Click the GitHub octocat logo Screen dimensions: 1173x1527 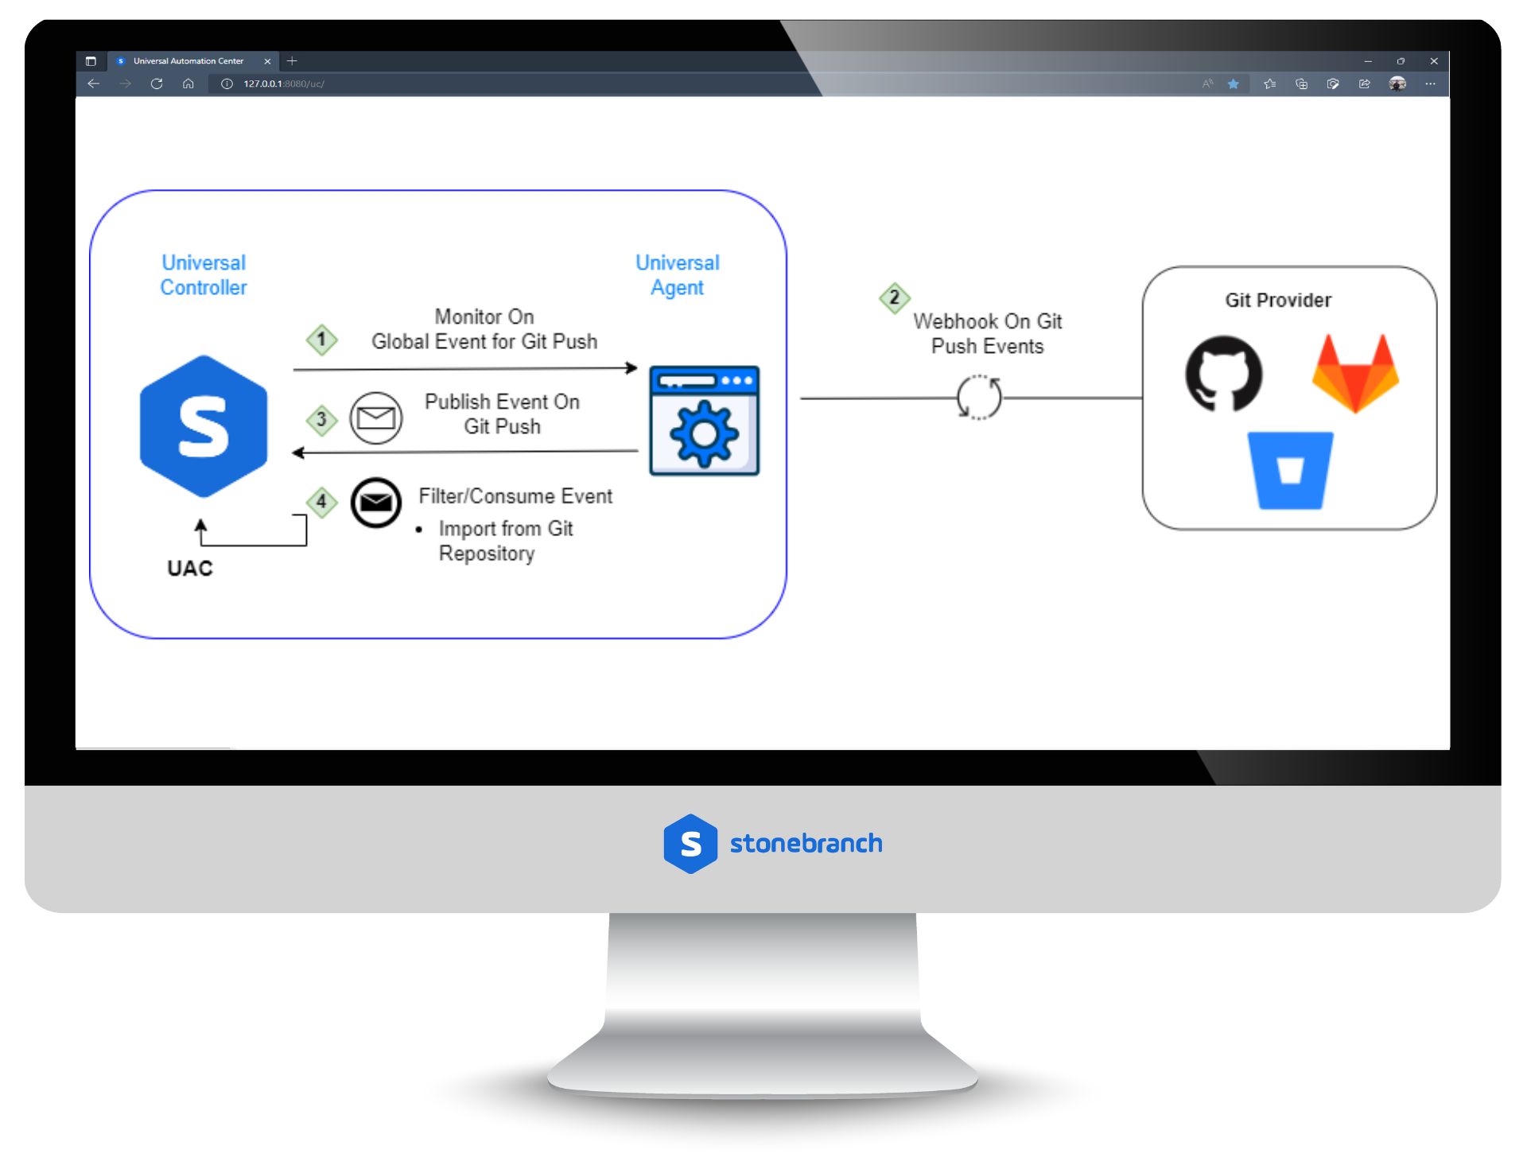[x=1223, y=373]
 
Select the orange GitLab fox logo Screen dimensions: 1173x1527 [x=1355, y=373]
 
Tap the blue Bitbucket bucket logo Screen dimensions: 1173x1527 [x=1289, y=470]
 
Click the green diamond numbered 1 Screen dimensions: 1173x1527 [x=321, y=340]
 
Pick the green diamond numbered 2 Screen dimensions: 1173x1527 [x=894, y=298]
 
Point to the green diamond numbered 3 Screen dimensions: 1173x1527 [x=321, y=419]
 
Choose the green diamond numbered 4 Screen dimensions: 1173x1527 [x=321, y=502]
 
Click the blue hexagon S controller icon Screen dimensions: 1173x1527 [x=204, y=426]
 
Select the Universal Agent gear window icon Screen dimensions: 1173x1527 [x=704, y=421]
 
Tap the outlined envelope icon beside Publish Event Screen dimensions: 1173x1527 [x=376, y=418]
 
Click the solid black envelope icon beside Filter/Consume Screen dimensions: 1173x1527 [x=376, y=503]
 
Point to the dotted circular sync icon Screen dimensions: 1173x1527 [x=979, y=397]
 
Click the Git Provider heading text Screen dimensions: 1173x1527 [x=1277, y=301]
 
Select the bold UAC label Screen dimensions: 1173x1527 [x=190, y=569]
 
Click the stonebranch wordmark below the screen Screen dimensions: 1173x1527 [x=806, y=843]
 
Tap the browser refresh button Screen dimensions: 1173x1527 [x=157, y=84]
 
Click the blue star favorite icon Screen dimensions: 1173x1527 [x=1233, y=84]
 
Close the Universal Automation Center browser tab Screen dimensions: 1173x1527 [x=267, y=61]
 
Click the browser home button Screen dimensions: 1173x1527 [x=188, y=84]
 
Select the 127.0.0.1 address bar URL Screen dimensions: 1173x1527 [x=283, y=84]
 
